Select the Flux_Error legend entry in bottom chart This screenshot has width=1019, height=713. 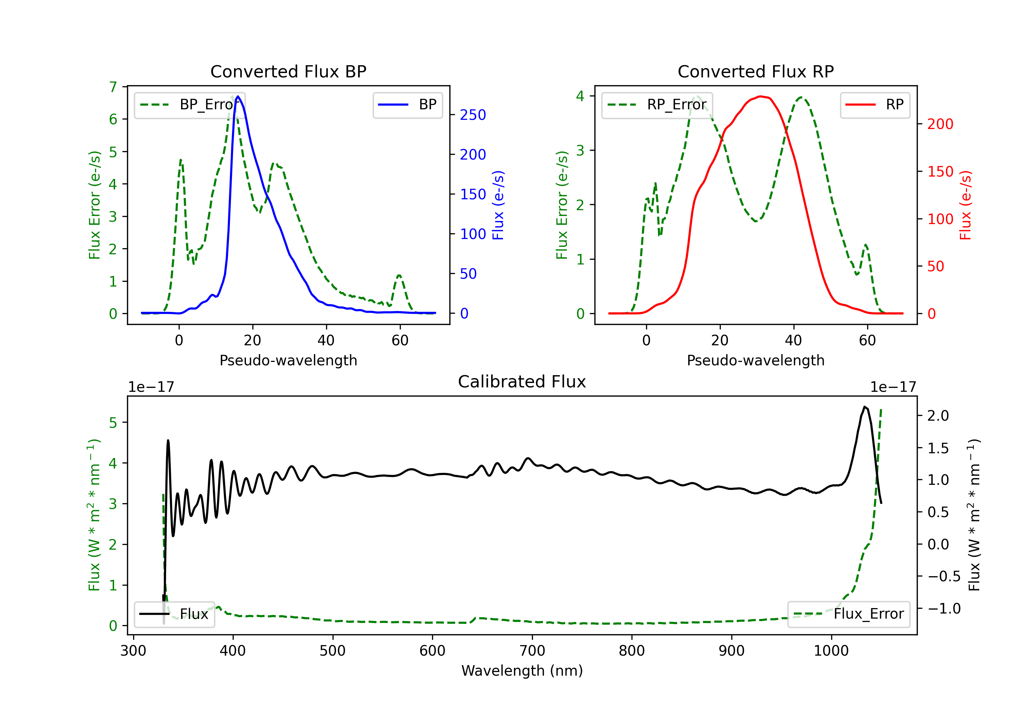(848, 614)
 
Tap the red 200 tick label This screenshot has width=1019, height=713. (940, 124)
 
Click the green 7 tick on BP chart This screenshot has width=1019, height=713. (113, 87)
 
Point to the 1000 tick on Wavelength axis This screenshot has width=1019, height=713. (831, 651)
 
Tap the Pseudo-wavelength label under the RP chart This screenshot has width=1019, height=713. (755, 361)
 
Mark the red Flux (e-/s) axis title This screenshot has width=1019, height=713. (965, 205)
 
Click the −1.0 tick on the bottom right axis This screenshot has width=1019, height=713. (944, 609)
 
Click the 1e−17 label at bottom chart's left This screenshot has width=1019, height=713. (151, 387)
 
